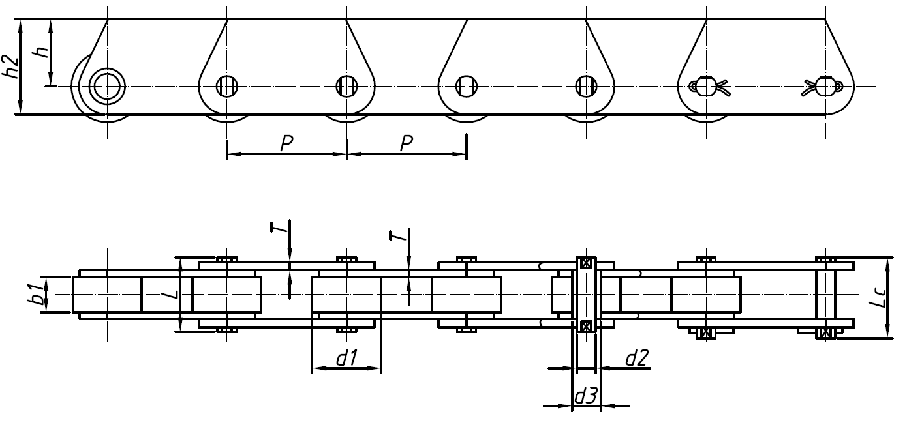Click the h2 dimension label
(x=12, y=66)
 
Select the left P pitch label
(x=286, y=144)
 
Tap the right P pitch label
(x=406, y=144)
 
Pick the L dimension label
(x=170, y=295)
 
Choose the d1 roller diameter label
(x=346, y=358)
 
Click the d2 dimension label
(x=636, y=357)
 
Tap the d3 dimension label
(x=585, y=396)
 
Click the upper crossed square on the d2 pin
(x=586, y=263)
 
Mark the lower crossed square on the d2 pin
(x=586, y=325)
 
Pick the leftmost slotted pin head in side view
(x=226, y=85)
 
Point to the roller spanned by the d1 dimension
(x=346, y=295)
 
